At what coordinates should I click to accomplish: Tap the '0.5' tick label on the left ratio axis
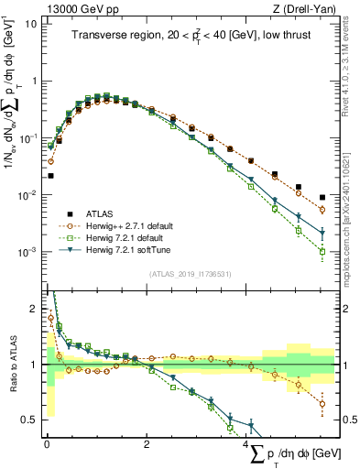pyautogui.click(x=30, y=420)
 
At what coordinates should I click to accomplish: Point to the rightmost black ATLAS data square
pyautogui.click(x=322, y=197)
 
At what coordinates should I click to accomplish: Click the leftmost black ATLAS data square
pyautogui.click(x=50, y=175)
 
